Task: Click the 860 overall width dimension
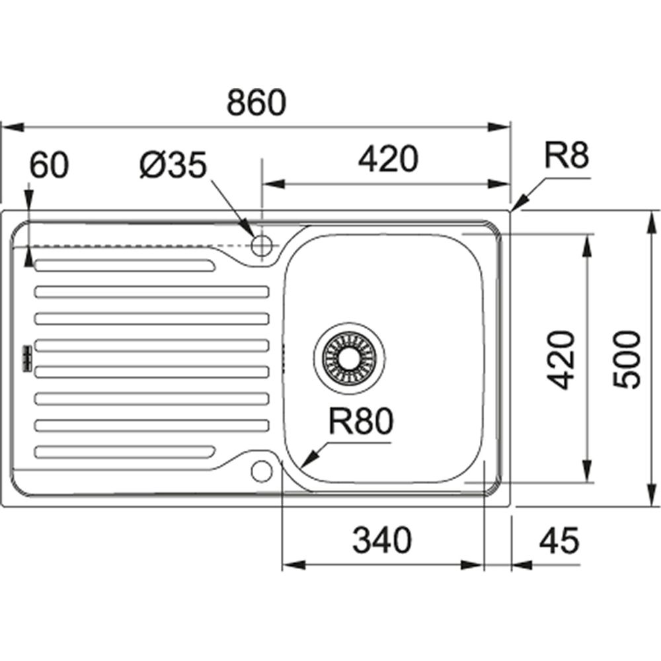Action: coord(256,102)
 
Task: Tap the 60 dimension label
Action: coord(48,166)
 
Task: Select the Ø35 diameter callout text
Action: coord(174,166)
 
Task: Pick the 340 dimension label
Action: coord(381,541)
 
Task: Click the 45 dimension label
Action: coord(559,541)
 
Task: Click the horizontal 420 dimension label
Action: coord(388,159)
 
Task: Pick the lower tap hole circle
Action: coord(261,471)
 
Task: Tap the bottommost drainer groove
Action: coord(124,451)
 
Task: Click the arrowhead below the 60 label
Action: coord(28,260)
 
